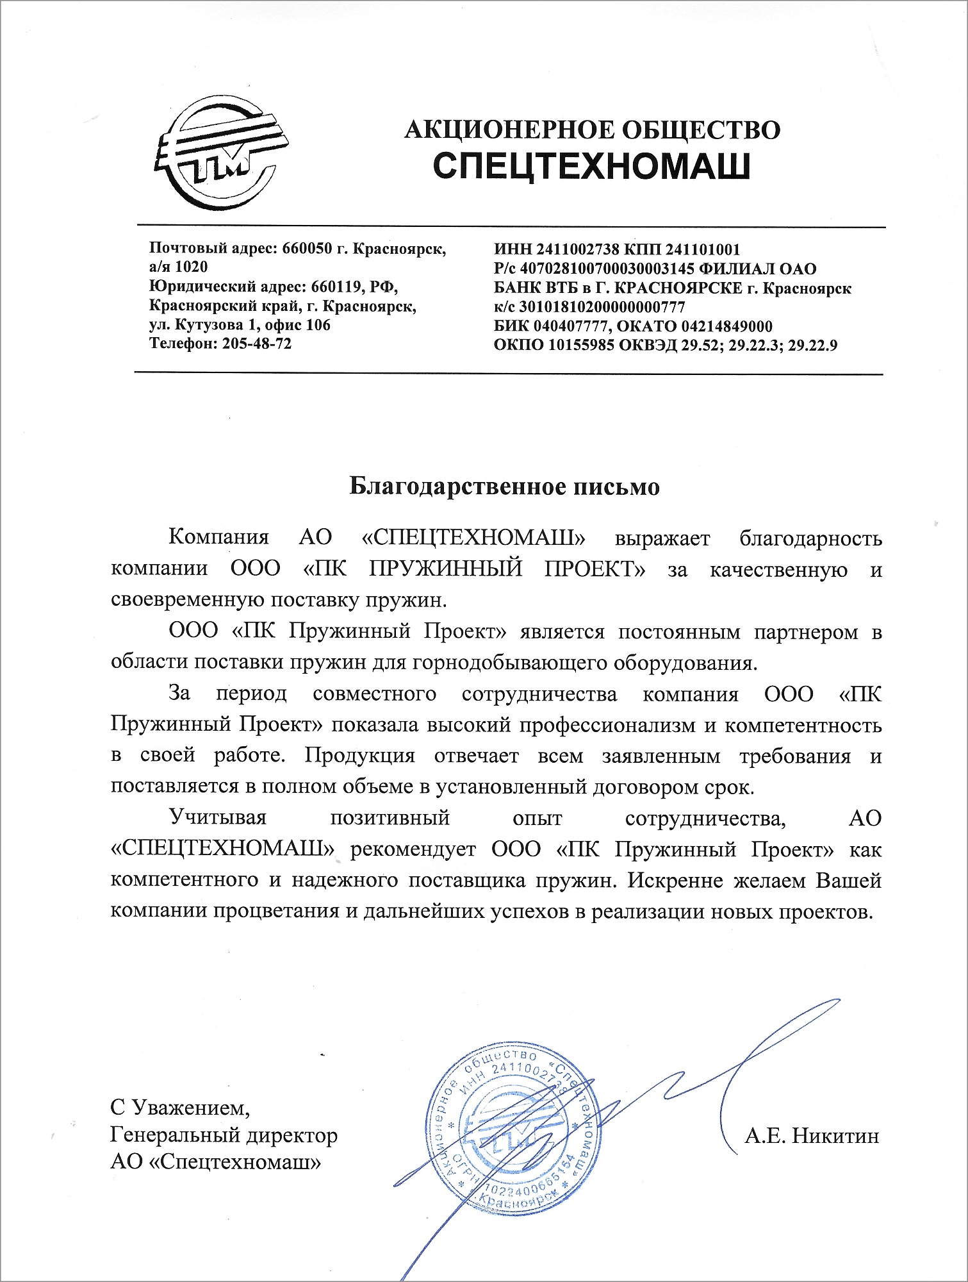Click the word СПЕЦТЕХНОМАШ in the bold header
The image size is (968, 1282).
[x=592, y=167]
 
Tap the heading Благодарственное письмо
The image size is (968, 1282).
[x=504, y=487]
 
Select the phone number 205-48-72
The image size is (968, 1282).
[x=256, y=344]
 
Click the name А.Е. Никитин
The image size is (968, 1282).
[x=812, y=1136]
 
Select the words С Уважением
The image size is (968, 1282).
[x=180, y=1107]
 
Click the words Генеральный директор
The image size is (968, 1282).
[x=224, y=1135]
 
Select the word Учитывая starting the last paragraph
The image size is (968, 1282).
[x=217, y=818]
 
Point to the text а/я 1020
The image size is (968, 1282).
[x=178, y=266]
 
